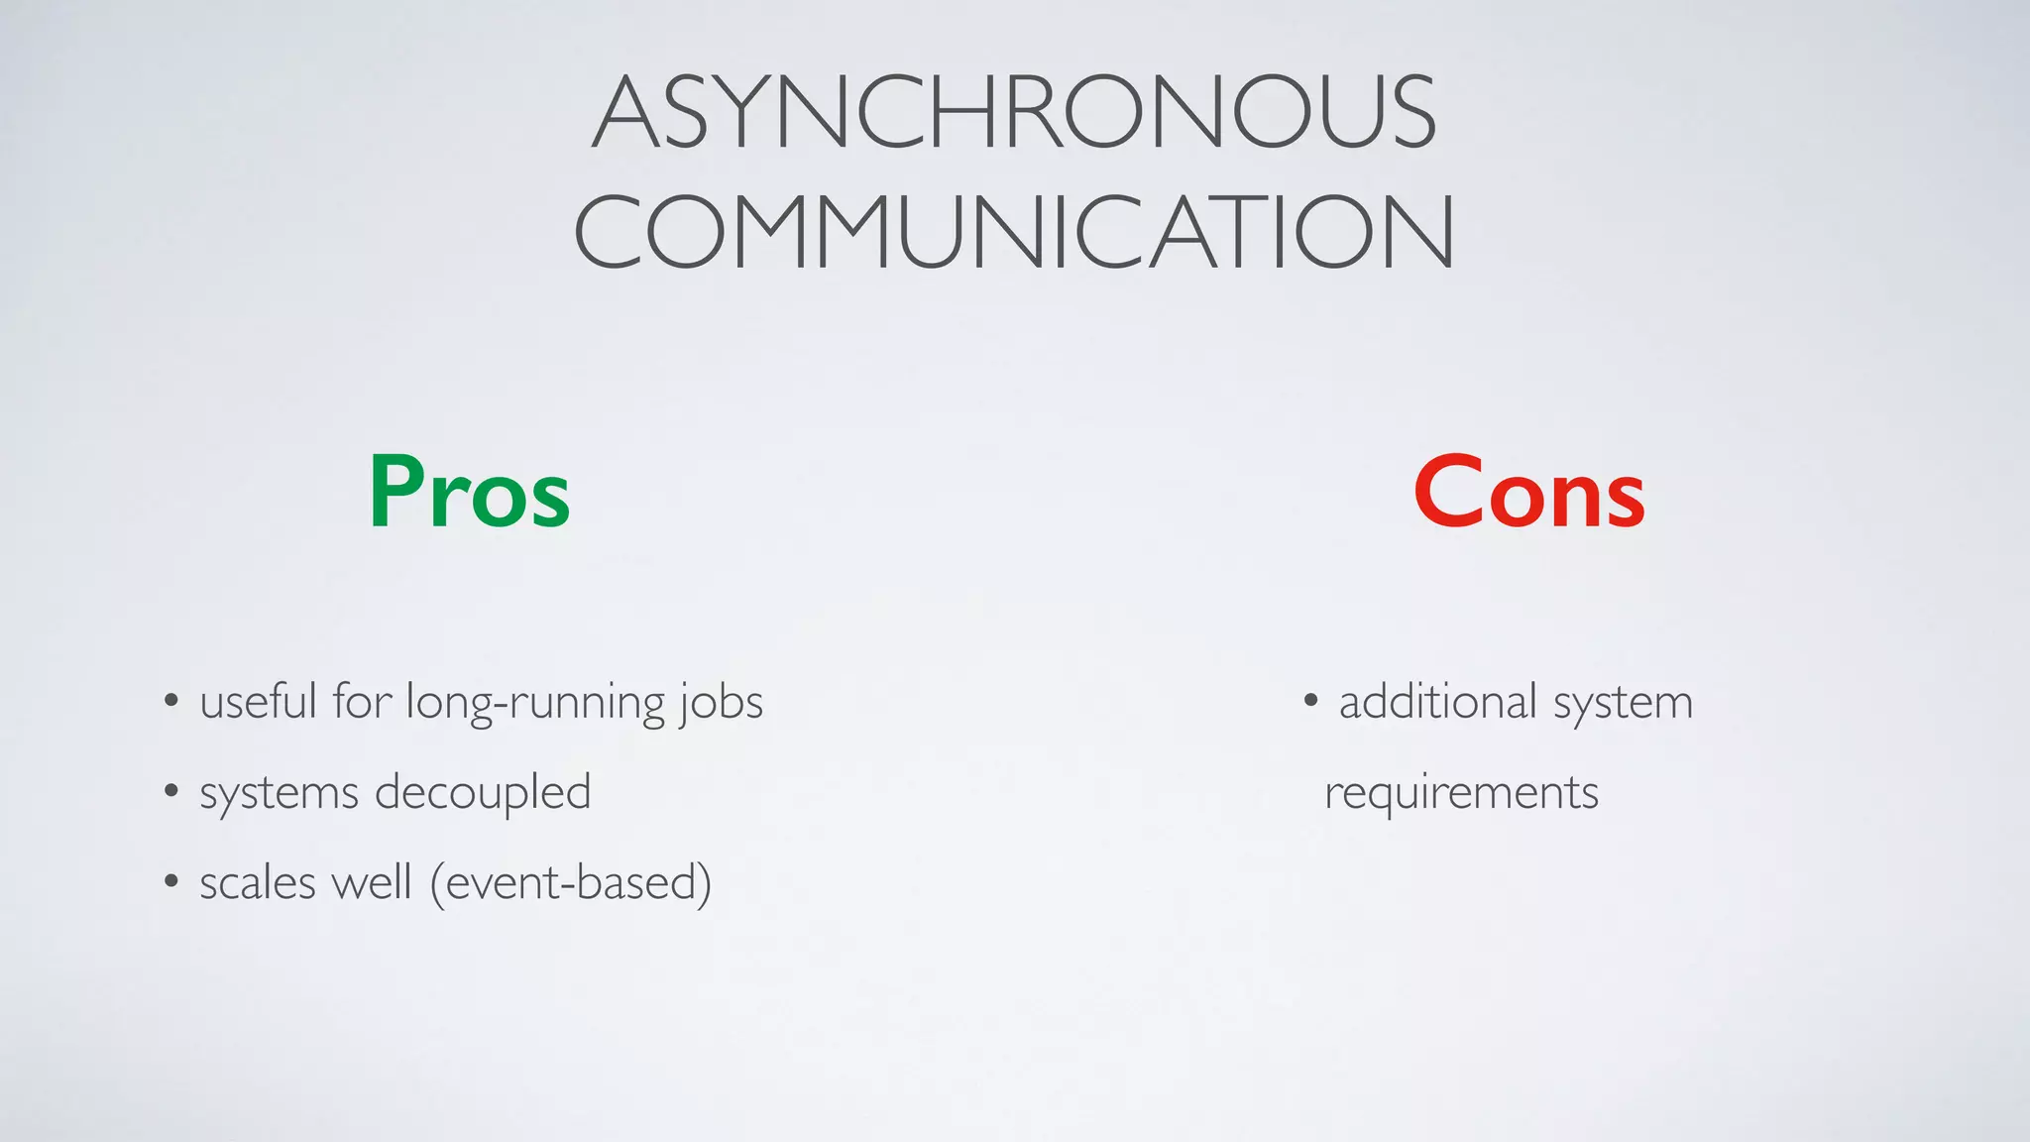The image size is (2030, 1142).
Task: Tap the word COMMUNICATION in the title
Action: pyautogui.click(x=1014, y=232)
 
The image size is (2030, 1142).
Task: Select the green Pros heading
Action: pyautogui.click(x=469, y=493)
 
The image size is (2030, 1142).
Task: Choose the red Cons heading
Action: pyautogui.click(x=1529, y=493)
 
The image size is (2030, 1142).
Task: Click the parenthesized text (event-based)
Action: pyautogui.click(x=571, y=882)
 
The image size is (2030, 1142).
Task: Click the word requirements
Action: pyautogui.click(x=1461, y=793)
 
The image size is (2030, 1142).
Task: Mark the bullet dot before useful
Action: pyautogui.click(x=171, y=702)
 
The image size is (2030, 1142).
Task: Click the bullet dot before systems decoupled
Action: pyautogui.click(x=171, y=792)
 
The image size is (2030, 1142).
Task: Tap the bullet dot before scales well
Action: pyautogui.click(x=171, y=881)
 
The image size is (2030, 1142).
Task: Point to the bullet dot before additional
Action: pyautogui.click(x=1310, y=702)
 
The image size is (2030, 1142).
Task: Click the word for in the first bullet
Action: pyautogui.click(x=362, y=702)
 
